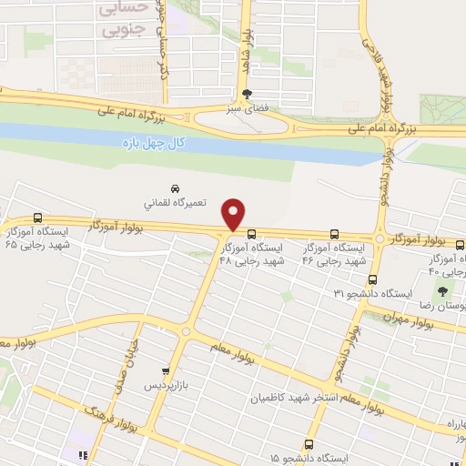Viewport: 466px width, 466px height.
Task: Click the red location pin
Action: pyautogui.click(x=235, y=214)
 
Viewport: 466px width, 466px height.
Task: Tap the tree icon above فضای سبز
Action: pyautogui.click(x=248, y=94)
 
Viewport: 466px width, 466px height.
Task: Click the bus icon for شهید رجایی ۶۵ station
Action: pyautogui.click(x=37, y=218)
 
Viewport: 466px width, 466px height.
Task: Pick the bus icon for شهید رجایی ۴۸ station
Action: pyautogui.click(x=251, y=233)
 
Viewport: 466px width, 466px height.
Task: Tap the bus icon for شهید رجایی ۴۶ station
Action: pyautogui.click(x=334, y=233)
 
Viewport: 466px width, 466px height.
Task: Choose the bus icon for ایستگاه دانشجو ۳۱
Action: pyautogui.click(x=371, y=279)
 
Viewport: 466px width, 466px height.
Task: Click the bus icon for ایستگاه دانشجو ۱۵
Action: pyautogui.click(x=309, y=444)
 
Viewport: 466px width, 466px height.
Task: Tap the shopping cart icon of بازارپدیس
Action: pyautogui.click(x=165, y=371)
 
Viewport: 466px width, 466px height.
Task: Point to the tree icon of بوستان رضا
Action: pyautogui.click(x=442, y=292)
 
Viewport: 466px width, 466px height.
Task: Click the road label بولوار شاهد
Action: pyautogui.click(x=245, y=46)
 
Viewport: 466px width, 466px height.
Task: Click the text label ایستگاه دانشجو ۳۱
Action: pyautogui.click(x=373, y=294)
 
